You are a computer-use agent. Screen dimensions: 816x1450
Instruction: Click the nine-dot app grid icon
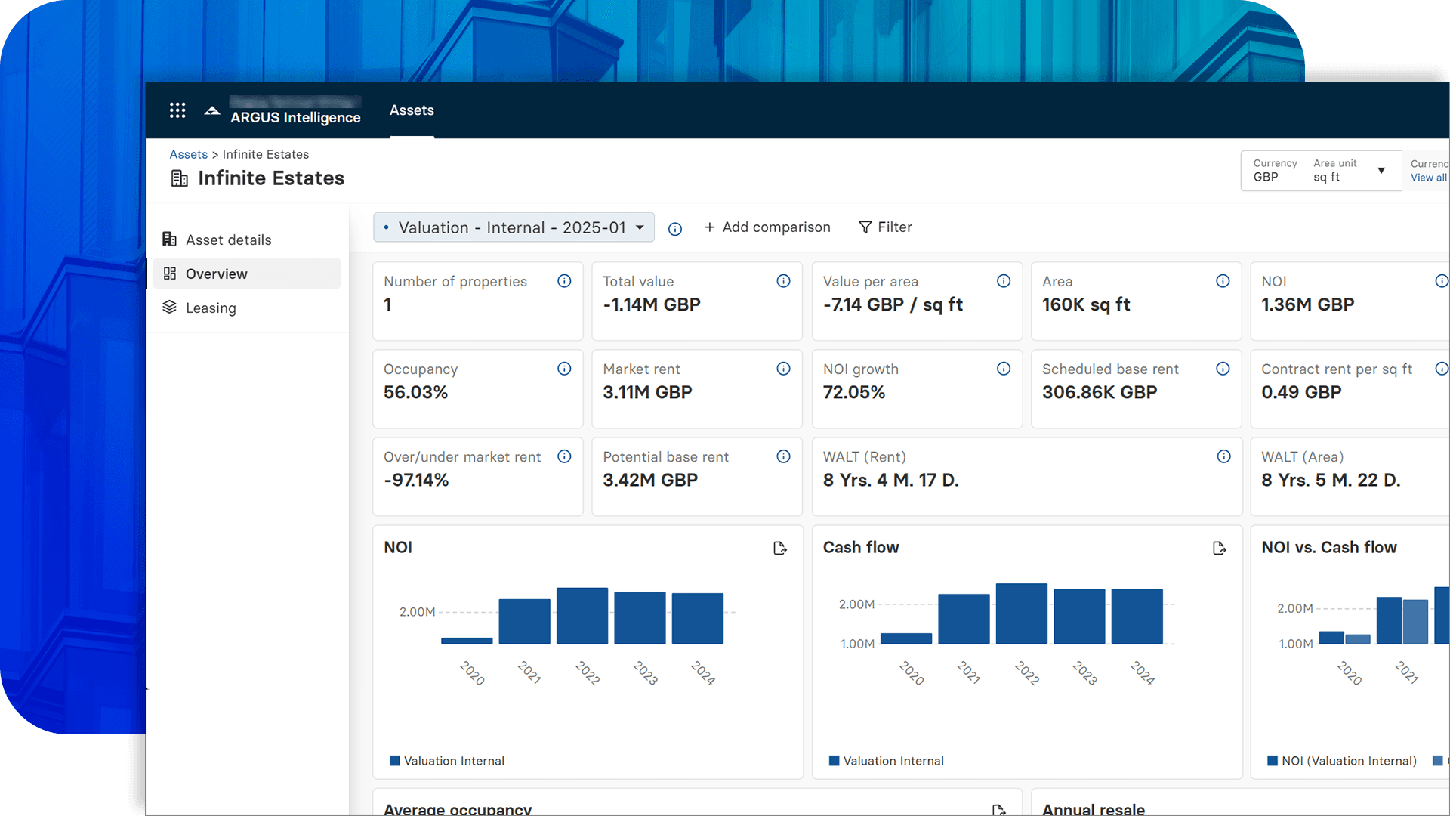click(177, 110)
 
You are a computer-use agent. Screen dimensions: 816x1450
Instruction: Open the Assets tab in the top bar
click(412, 110)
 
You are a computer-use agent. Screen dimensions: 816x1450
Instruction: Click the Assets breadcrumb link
click(188, 154)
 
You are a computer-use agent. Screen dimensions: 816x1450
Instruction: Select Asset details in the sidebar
click(228, 240)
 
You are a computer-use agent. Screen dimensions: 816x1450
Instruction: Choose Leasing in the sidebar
click(211, 308)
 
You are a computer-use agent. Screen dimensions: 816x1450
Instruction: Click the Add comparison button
click(767, 227)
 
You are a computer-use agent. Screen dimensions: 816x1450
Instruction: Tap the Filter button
click(885, 227)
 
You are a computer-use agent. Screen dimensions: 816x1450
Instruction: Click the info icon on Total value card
click(783, 281)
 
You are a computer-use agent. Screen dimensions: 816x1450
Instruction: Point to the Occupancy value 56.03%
click(415, 392)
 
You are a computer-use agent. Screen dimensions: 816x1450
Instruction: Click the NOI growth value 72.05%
click(853, 392)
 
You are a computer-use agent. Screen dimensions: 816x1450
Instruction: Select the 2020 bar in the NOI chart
click(467, 640)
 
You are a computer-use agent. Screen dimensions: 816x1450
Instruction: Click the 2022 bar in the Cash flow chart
click(1021, 614)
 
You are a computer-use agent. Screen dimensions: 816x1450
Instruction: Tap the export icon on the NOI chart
click(780, 548)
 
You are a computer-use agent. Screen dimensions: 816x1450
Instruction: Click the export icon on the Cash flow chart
click(1219, 548)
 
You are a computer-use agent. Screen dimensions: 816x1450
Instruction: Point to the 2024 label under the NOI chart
click(702, 672)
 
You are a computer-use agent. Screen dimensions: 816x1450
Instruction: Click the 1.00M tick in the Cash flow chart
click(857, 644)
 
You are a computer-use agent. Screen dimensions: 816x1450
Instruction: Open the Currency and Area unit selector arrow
click(1381, 171)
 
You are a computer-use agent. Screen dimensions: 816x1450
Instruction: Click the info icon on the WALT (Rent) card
click(1223, 456)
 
